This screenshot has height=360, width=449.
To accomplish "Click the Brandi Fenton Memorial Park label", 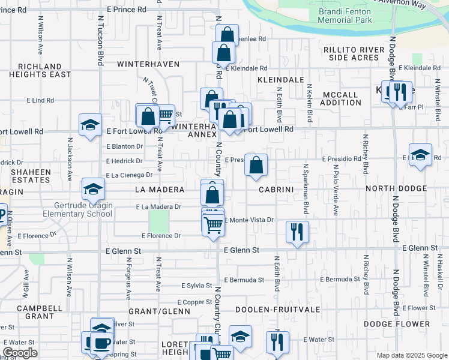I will pyautogui.click(x=345, y=16).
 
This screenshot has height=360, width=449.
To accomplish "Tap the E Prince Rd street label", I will pyautogui.click(x=126, y=10).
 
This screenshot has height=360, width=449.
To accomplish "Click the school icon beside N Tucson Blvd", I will pyautogui.click(x=90, y=125).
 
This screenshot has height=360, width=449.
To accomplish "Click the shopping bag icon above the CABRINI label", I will pyautogui.click(x=256, y=164).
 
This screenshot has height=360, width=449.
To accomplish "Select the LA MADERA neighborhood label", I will pyautogui.click(x=160, y=190).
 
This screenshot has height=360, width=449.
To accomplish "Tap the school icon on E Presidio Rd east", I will pyautogui.click(x=421, y=155).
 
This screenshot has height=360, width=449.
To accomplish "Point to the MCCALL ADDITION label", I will pyautogui.click(x=341, y=98).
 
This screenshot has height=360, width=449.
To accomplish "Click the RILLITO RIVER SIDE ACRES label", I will pyautogui.click(x=357, y=53).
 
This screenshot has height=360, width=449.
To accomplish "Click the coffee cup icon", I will pyautogui.click(x=101, y=343).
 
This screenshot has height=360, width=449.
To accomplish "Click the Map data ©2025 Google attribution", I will pyautogui.click(x=411, y=355).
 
